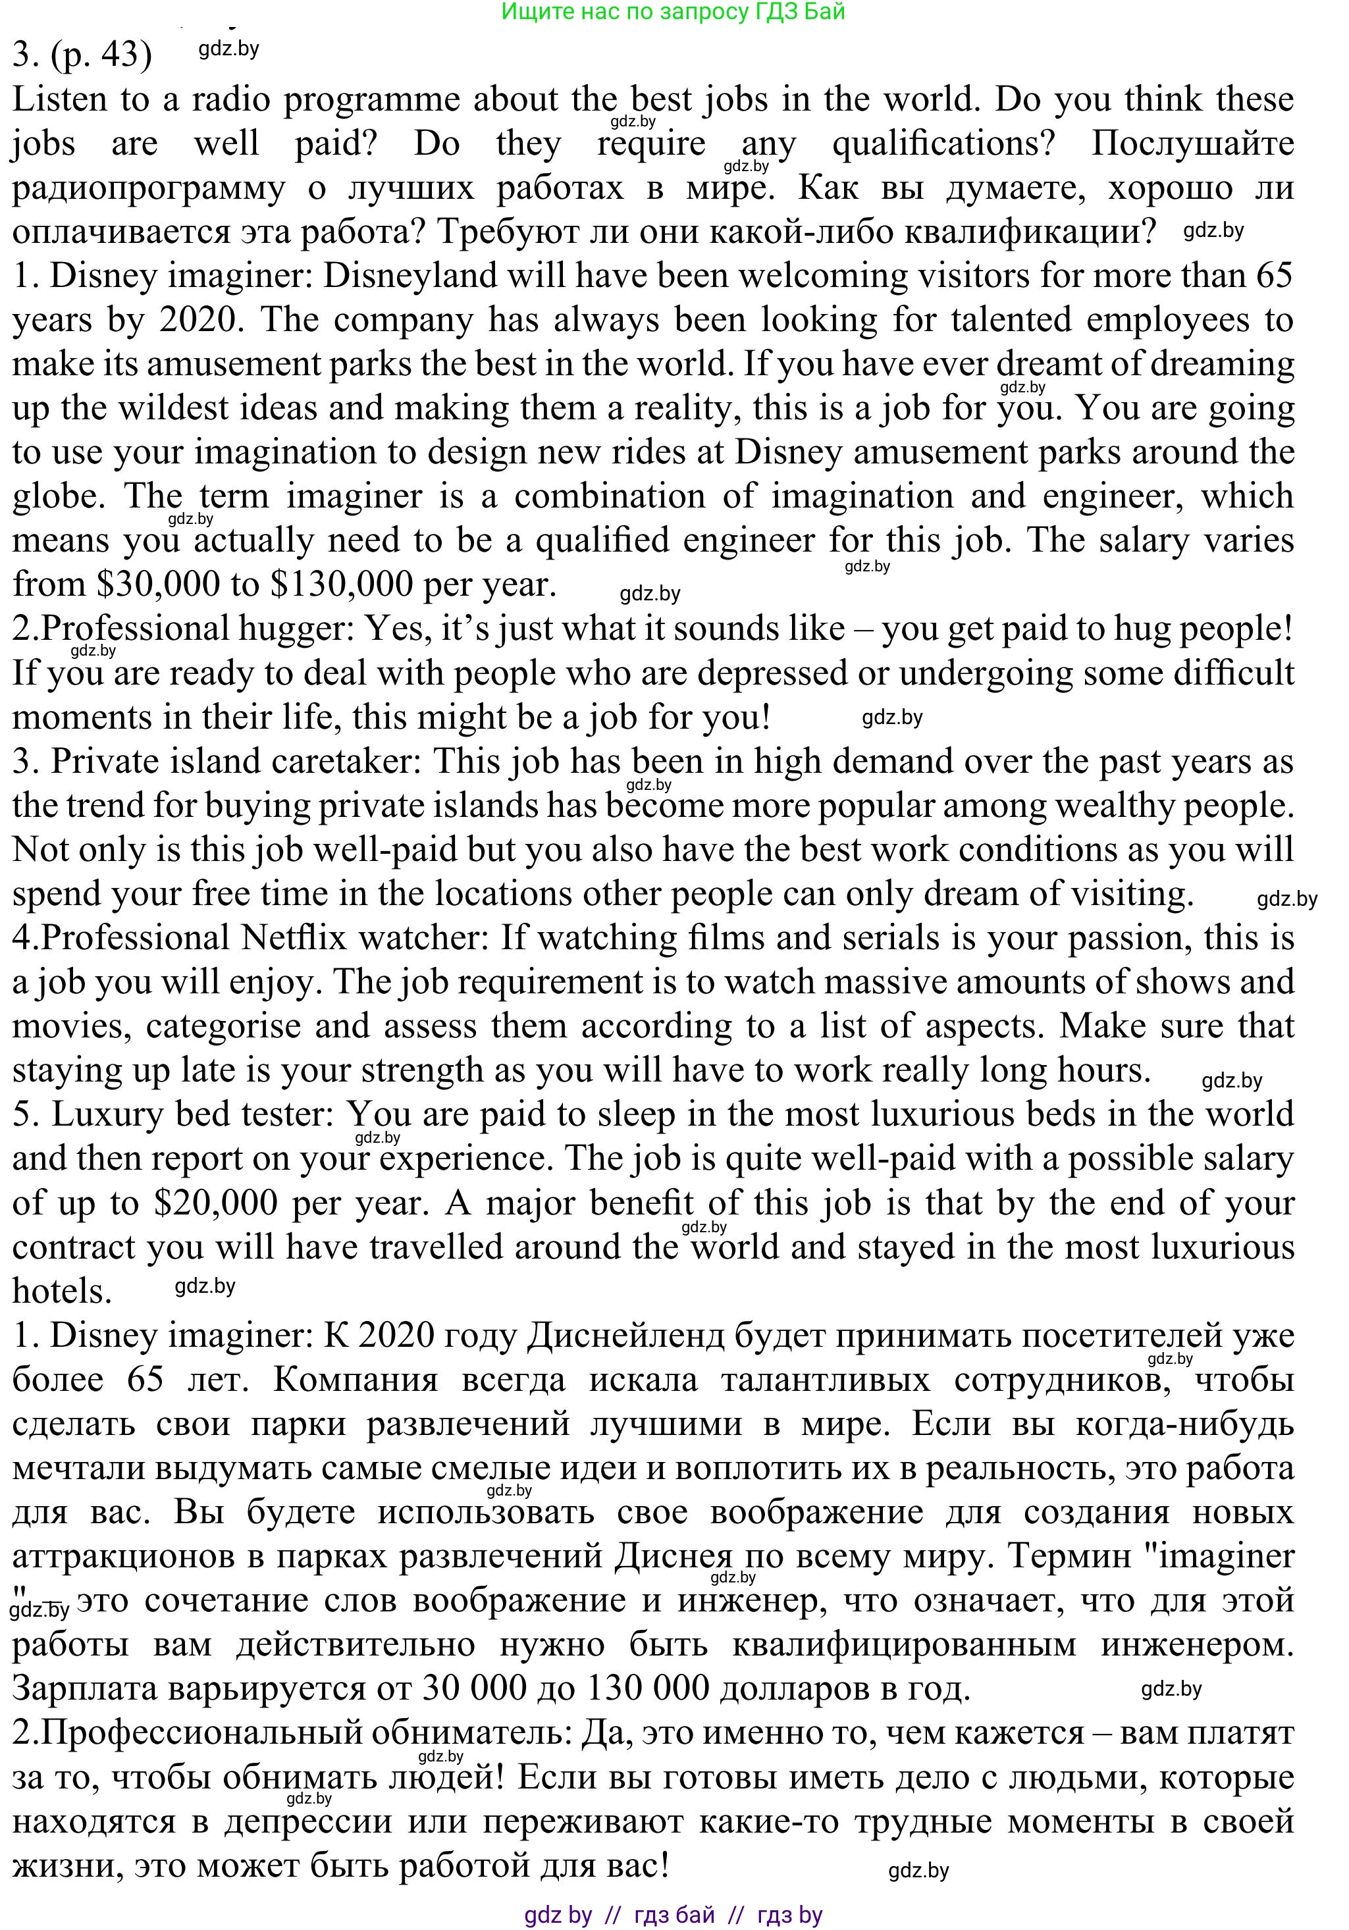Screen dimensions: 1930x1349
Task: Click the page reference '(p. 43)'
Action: (101, 55)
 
